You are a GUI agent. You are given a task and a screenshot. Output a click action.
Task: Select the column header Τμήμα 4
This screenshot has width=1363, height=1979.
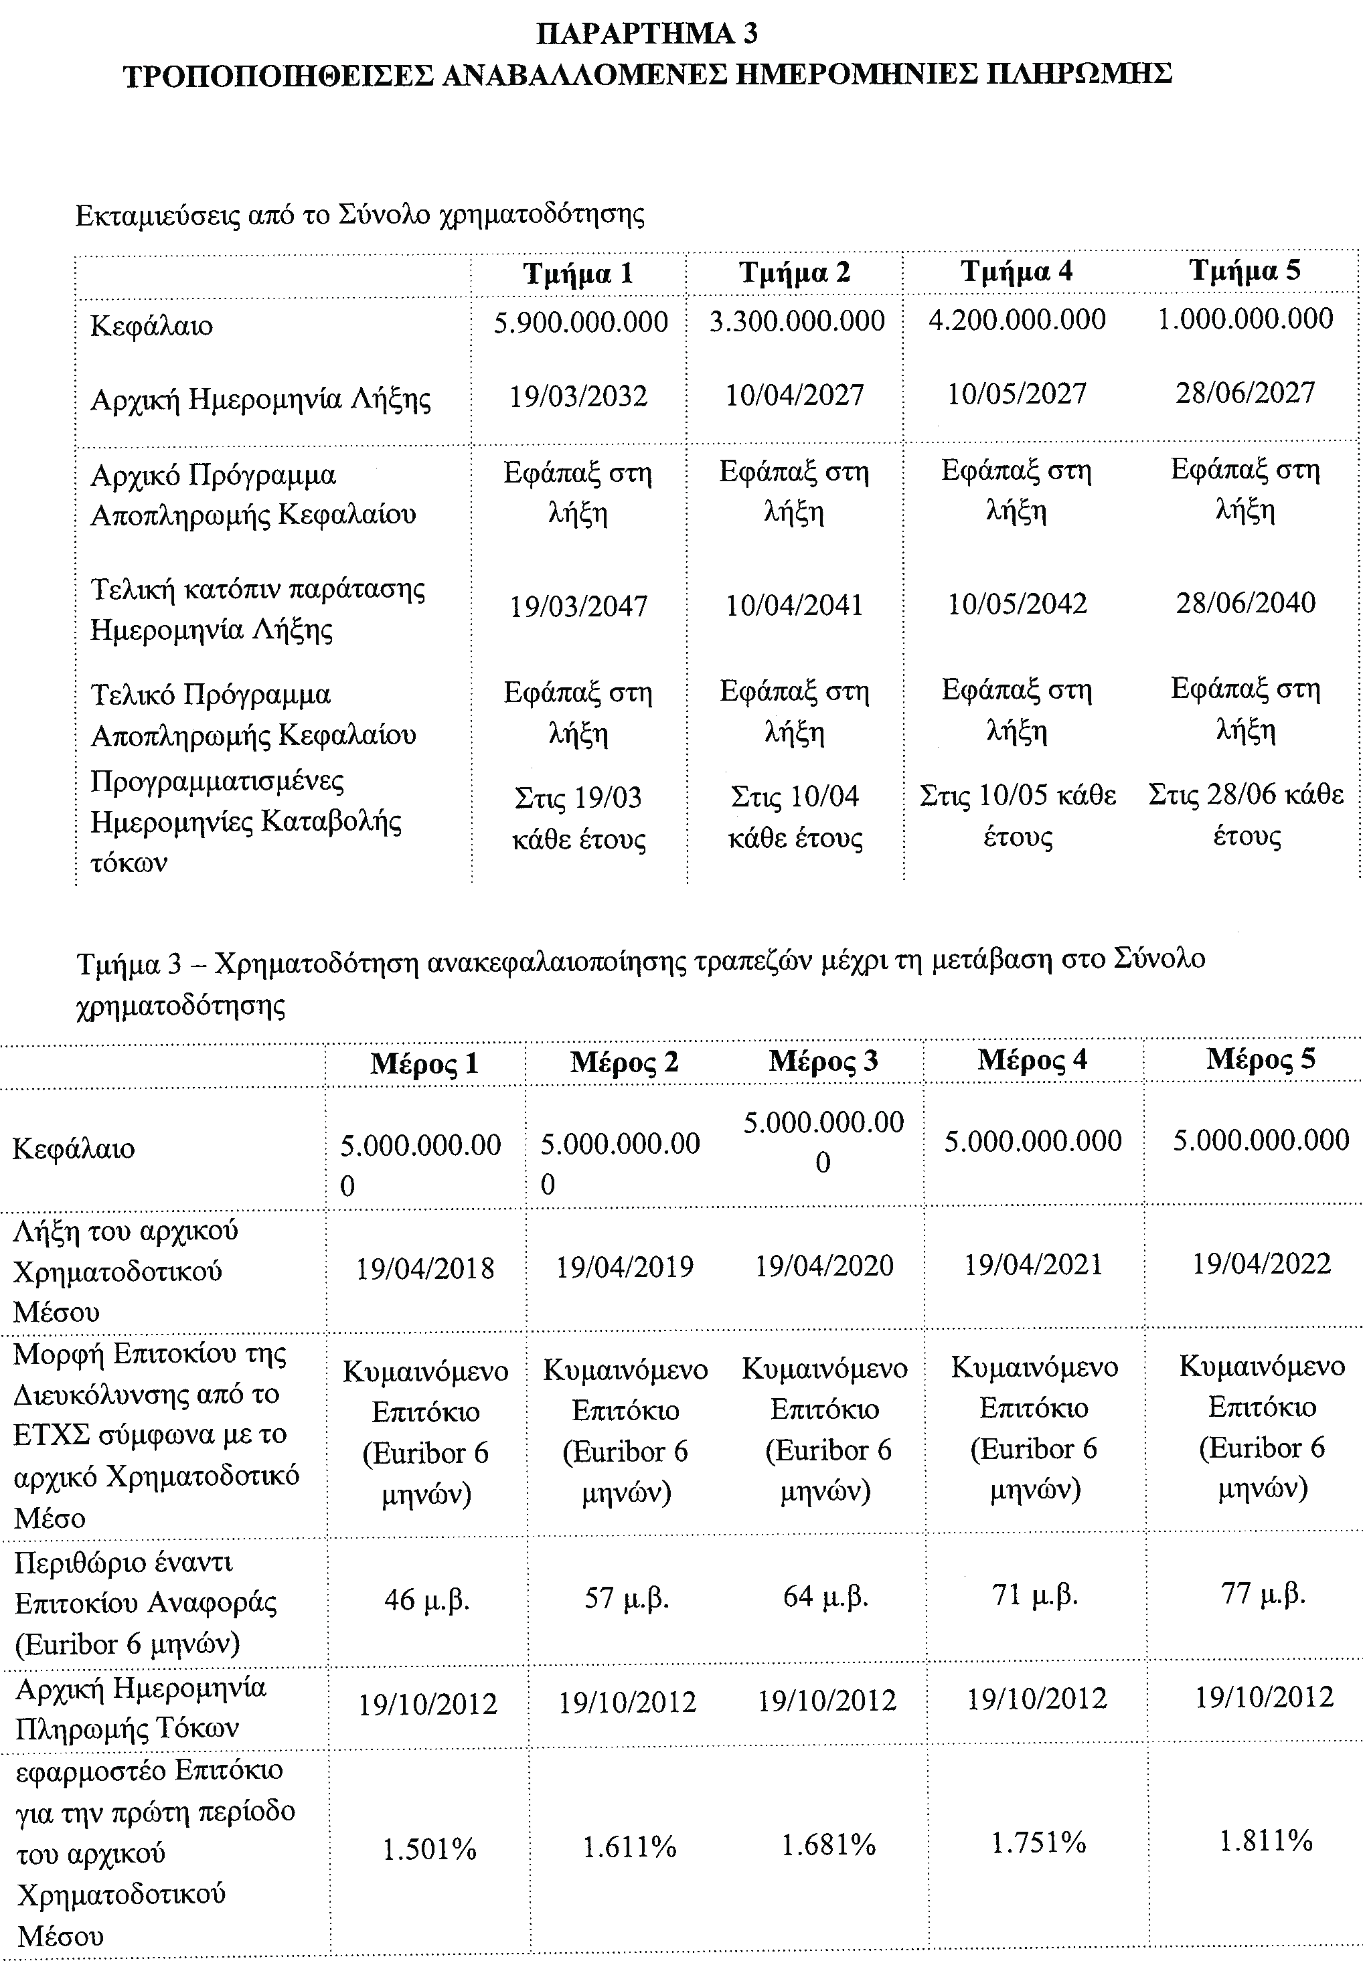coord(1016,272)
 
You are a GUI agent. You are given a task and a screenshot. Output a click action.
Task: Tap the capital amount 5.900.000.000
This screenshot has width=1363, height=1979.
coord(580,322)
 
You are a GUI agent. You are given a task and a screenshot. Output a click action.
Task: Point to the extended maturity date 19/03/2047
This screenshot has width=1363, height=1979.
coord(578,606)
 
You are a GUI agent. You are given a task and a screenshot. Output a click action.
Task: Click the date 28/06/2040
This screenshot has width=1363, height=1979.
coord(1245,603)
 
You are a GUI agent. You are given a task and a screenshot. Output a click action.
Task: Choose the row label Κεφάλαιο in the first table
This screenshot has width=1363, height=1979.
coord(151,325)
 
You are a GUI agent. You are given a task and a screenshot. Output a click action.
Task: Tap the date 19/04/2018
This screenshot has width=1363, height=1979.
coord(424,1269)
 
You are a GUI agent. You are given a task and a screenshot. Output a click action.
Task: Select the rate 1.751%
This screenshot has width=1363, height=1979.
coord(1038,1843)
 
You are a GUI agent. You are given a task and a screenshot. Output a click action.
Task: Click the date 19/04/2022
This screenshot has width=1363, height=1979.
coord(1261,1264)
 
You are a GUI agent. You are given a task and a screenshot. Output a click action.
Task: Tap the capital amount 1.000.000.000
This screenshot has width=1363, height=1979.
coord(1245,319)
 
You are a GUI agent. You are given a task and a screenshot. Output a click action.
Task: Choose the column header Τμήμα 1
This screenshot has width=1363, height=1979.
coord(578,273)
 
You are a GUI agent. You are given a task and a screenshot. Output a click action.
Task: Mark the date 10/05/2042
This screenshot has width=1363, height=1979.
coord(1017,604)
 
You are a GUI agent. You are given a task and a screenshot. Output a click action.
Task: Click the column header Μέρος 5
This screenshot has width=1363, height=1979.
coord(1261,1059)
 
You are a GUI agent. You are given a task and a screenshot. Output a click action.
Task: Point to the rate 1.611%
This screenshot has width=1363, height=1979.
coord(629,1848)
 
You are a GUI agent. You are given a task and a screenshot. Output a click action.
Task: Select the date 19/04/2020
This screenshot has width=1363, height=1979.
coord(823,1266)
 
